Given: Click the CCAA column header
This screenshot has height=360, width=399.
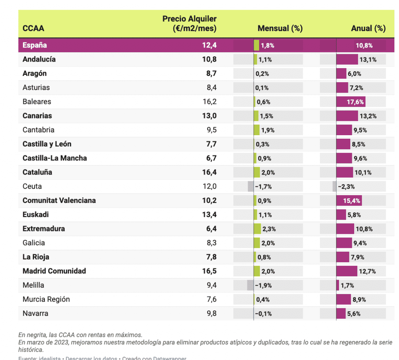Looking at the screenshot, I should [x=33, y=28].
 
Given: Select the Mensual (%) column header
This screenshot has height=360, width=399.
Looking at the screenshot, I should [x=280, y=28].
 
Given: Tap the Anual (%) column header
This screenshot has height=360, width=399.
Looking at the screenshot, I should [x=368, y=28].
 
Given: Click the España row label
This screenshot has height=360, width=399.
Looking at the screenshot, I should [x=35, y=45].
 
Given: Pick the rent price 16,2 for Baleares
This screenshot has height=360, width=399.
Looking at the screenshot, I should [x=209, y=102].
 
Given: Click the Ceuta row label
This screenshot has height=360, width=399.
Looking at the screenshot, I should [x=32, y=186].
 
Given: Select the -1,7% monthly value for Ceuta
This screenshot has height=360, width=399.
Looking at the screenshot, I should [x=263, y=187].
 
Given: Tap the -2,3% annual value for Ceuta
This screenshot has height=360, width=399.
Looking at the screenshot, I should [x=346, y=187].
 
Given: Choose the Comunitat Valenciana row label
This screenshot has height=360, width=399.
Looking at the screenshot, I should [x=59, y=201].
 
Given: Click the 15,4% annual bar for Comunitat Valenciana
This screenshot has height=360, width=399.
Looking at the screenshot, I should [x=349, y=201].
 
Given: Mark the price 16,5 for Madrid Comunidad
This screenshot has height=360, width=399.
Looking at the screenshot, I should [x=209, y=271].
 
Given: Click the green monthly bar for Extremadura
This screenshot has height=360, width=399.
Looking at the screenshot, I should [x=257, y=229].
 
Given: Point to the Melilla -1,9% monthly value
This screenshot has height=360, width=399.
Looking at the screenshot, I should [x=263, y=285].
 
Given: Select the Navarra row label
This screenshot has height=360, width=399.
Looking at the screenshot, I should [x=35, y=313].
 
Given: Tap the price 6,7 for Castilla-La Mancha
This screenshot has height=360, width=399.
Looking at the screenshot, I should [x=211, y=158].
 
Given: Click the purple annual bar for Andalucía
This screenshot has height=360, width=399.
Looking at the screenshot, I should [x=347, y=60].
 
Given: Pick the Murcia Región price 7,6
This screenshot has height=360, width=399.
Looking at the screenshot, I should [x=212, y=299].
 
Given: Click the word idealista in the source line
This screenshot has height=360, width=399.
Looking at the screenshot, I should [x=51, y=358].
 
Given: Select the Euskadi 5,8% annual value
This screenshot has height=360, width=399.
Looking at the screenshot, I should [x=354, y=215].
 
